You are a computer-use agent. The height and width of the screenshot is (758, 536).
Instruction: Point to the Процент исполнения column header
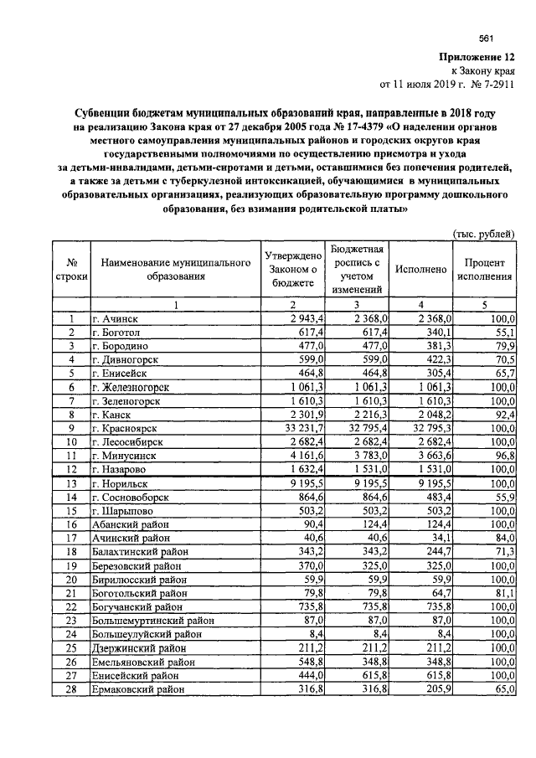coord(485,270)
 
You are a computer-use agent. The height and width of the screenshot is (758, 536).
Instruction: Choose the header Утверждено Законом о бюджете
coord(293,270)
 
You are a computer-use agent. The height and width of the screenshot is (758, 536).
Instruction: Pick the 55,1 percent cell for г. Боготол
coord(501,333)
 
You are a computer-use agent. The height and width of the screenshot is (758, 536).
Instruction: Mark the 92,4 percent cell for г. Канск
coord(501,414)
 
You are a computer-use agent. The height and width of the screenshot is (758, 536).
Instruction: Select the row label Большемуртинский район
coord(152,621)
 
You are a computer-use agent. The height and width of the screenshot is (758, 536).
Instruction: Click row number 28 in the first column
coord(72,688)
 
